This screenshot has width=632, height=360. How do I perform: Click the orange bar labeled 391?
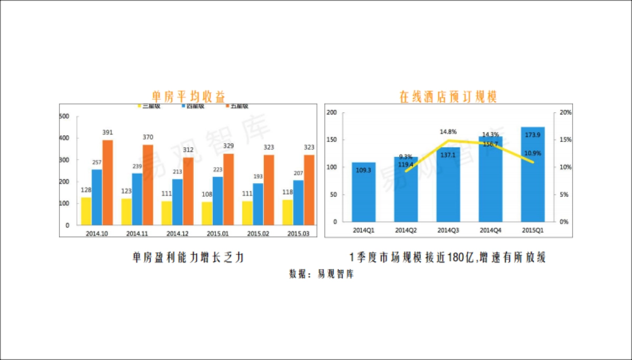[107, 182]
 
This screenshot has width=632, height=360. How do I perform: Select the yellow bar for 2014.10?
[86, 211]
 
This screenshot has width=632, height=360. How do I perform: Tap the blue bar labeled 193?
[258, 204]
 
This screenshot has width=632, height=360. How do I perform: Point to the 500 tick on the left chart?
[65, 116]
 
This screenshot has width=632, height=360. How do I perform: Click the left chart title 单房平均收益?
[188, 96]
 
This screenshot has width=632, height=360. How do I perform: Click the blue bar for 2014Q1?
[364, 192]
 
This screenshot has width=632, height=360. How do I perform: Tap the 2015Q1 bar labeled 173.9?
[532, 174]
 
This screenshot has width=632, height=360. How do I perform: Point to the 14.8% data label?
[448, 132]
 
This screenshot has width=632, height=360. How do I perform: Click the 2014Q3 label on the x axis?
[448, 230]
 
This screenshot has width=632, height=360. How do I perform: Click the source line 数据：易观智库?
[321, 274]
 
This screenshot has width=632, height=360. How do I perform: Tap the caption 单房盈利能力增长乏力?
[188, 258]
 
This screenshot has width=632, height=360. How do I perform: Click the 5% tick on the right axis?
[564, 195]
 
